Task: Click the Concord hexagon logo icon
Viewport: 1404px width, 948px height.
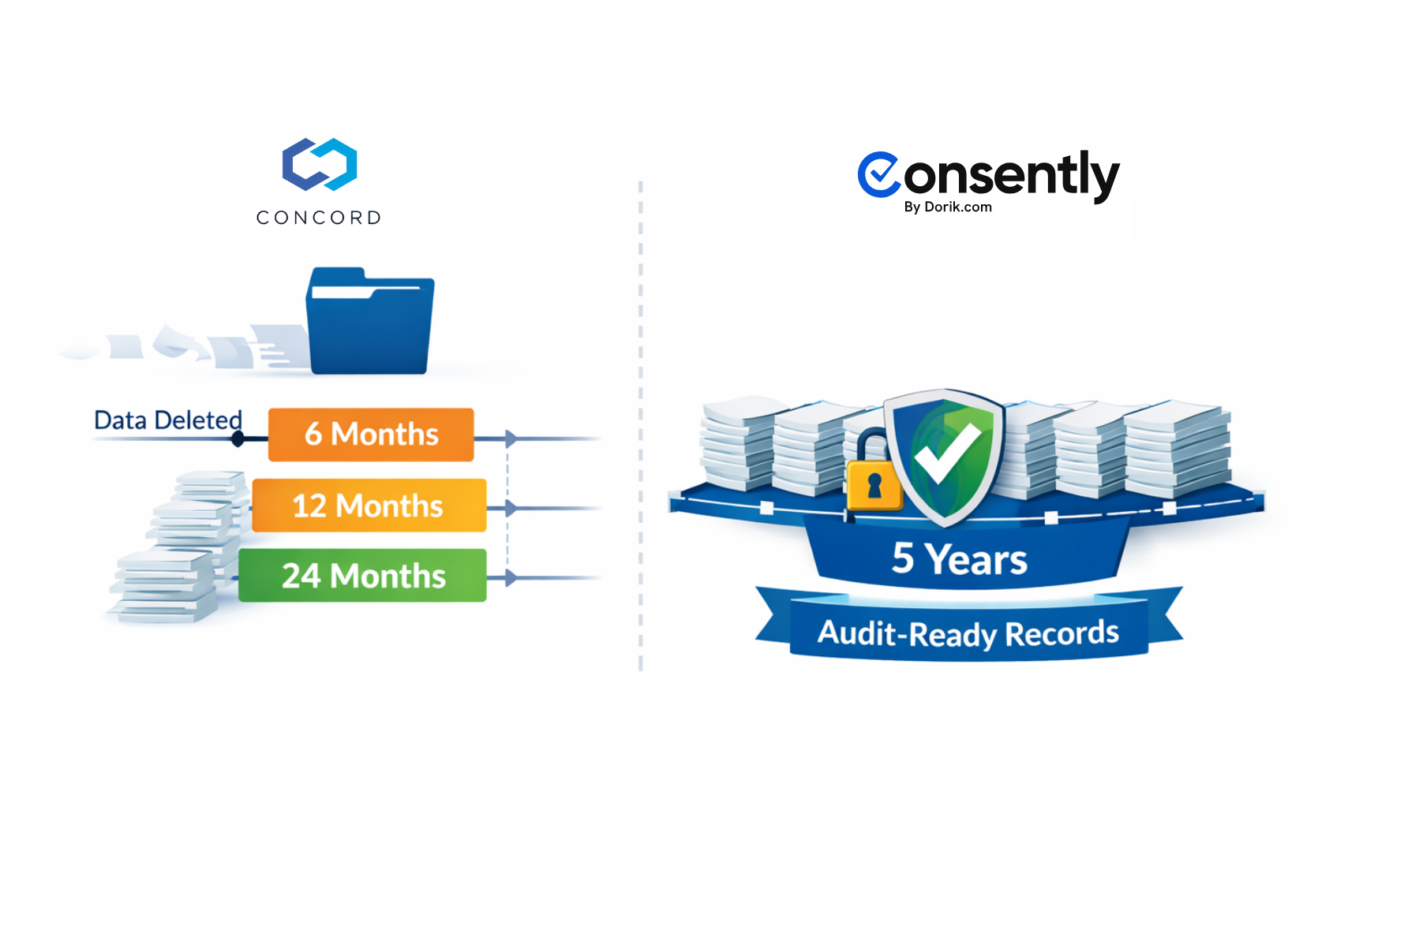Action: [x=320, y=164]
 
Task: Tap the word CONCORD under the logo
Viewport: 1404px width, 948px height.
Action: [x=319, y=218]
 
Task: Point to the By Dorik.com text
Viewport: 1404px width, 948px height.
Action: [x=948, y=207]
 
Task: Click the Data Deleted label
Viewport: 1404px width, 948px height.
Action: [x=168, y=420]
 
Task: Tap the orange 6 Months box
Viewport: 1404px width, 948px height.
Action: [x=371, y=435]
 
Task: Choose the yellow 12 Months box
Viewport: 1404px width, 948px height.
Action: [x=369, y=506]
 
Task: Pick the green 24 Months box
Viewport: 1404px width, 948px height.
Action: [x=363, y=576]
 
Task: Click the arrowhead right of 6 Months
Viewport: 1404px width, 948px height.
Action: [x=511, y=439]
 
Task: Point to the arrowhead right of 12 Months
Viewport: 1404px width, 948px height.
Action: [x=511, y=509]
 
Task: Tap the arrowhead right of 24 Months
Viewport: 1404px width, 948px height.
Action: [x=511, y=578]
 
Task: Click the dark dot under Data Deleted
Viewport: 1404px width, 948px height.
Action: [x=238, y=439]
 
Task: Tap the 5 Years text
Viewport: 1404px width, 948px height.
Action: [x=960, y=559]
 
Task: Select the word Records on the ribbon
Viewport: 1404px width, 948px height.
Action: [x=1061, y=633]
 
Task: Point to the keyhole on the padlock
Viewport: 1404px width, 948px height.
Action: [x=874, y=485]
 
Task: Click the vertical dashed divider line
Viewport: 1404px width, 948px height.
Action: [x=641, y=426]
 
